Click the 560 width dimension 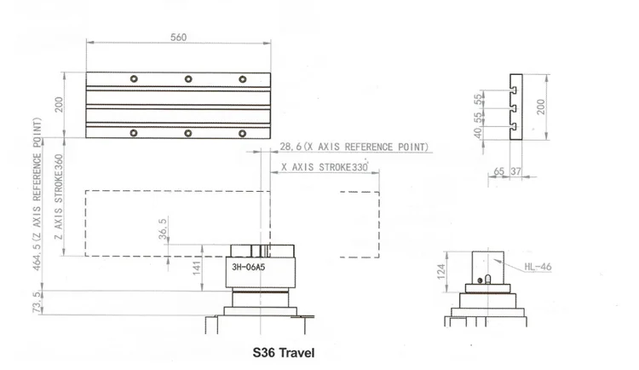tap(178, 38)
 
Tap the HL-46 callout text tap(538, 267)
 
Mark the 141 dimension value tap(195, 268)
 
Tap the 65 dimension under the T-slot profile tap(498, 172)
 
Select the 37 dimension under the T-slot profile tap(516, 172)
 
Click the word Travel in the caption tap(297, 351)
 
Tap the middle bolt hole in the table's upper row tap(187, 79)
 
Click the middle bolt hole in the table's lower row tap(187, 132)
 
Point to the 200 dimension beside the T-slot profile tap(540, 106)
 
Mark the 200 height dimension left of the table tap(59, 106)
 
